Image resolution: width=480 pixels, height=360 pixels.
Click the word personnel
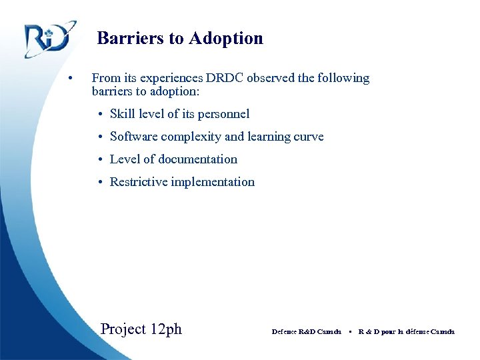click(x=223, y=114)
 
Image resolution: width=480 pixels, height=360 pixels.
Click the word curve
click(x=309, y=137)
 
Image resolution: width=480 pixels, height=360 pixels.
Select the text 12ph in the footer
click(x=166, y=329)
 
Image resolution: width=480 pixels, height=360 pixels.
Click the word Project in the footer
click(x=123, y=329)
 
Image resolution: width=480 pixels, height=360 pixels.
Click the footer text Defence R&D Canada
click(x=307, y=331)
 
